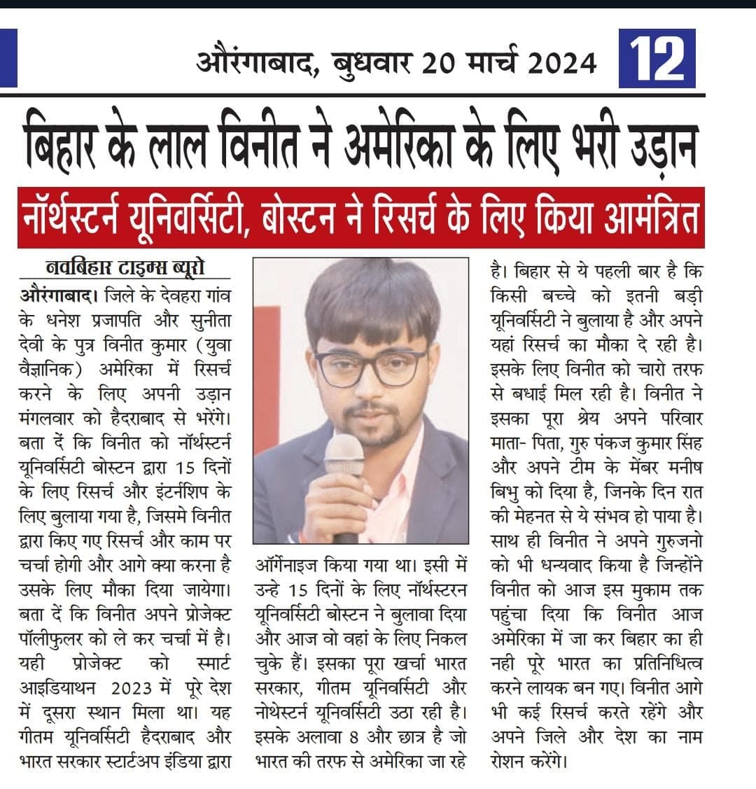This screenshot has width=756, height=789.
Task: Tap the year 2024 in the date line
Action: point(562,64)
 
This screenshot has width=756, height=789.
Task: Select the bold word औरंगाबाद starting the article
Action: point(56,295)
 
